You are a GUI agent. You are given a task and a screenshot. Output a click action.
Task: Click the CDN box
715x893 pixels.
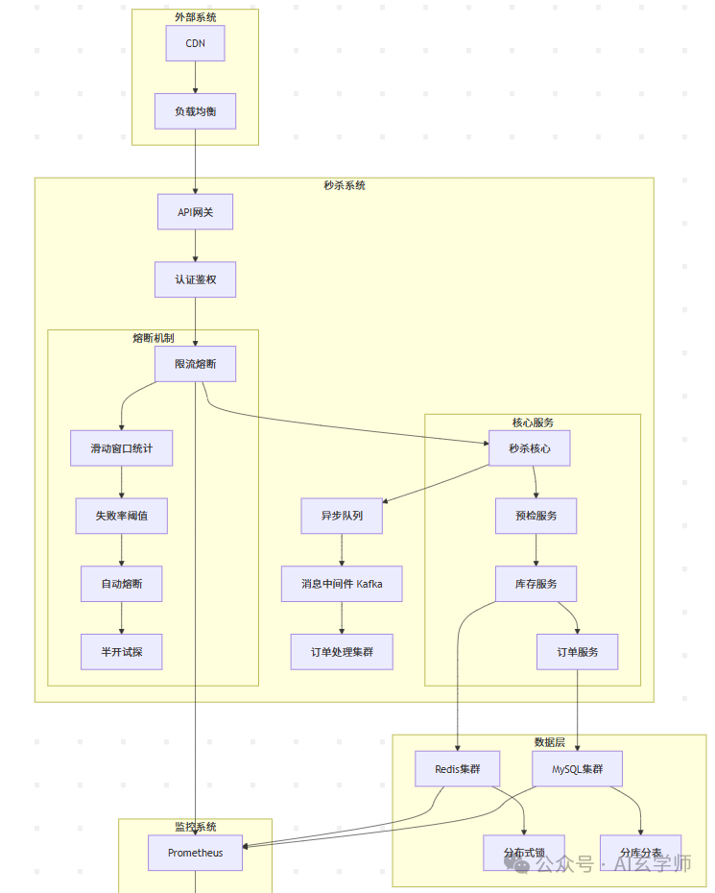coord(195,43)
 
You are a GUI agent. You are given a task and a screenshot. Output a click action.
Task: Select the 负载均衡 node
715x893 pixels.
coord(195,111)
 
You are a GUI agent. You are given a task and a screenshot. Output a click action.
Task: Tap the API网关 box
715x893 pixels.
coord(195,212)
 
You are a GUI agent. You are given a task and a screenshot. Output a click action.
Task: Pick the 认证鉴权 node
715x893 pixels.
coord(195,279)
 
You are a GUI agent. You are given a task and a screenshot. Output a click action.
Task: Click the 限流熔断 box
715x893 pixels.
coord(195,364)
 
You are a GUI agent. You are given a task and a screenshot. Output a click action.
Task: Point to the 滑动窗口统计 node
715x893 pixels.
coord(122,448)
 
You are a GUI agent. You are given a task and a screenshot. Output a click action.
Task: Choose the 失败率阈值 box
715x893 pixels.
coord(122,516)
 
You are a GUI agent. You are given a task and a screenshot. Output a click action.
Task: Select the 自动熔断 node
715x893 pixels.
coord(122,584)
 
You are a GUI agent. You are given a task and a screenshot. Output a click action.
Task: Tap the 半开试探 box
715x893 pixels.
coord(122,652)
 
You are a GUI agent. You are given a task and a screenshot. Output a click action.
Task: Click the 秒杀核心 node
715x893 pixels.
coord(530,448)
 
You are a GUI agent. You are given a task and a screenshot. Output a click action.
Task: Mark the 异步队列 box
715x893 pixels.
coord(342,516)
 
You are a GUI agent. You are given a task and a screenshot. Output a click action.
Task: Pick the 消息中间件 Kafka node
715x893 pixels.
coord(342,584)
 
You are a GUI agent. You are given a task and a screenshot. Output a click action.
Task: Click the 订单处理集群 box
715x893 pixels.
coord(342,652)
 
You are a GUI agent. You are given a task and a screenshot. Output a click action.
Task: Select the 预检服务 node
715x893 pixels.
coord(536,516)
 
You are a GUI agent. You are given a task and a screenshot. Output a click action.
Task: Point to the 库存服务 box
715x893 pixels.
coord(536,584)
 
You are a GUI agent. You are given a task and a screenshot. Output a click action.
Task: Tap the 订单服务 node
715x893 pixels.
coord(577,652)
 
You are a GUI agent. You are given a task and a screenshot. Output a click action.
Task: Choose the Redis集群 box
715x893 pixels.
coord(458,769)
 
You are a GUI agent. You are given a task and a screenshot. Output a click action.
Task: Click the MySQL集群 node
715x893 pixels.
coord(577,769)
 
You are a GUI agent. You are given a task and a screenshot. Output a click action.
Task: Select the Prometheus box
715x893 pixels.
coord(195,853)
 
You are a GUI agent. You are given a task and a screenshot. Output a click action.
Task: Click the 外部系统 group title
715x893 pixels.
coord(195,17)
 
